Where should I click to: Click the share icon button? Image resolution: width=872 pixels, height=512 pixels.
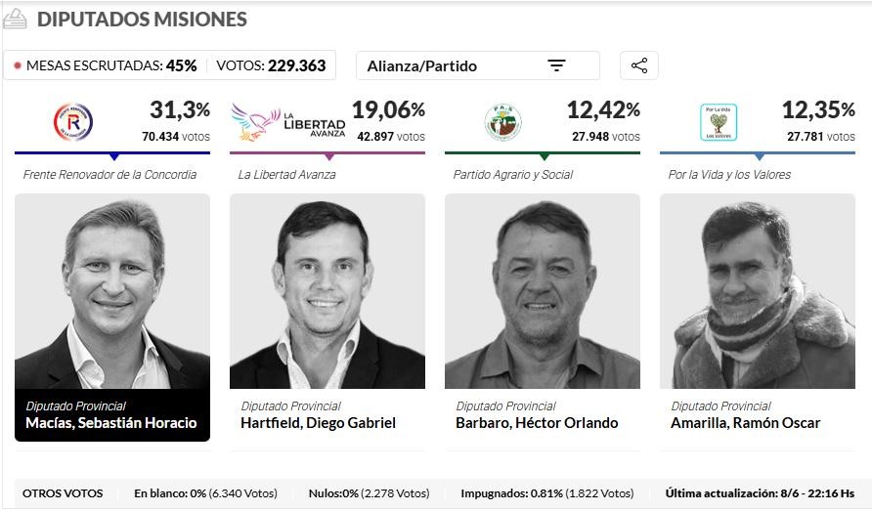[639, 65]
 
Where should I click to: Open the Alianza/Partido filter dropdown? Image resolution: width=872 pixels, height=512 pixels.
[477, 65]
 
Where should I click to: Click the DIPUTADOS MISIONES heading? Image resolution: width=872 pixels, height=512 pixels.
[142, 20]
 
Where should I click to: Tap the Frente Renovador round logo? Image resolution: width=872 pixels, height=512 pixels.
[72, 122]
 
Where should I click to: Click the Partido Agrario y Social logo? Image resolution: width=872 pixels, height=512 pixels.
[502, 122]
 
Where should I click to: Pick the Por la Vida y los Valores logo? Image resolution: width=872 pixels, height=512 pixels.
[719, 122]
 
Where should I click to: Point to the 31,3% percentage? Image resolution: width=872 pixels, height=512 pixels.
[180, 109]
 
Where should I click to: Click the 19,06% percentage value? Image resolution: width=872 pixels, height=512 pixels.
[388, 109]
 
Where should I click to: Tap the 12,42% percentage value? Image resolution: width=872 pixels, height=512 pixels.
[603, 109]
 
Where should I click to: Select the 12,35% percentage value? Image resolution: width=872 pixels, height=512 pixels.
[818, 109]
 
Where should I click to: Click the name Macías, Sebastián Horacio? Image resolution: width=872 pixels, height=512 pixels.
[111, 423]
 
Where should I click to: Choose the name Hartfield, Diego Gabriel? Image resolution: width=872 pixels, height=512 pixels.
[318, 423]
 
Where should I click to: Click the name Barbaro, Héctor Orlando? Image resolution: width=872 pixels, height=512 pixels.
[537, 423]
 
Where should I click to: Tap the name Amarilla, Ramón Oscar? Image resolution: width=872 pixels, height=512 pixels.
[745, 423]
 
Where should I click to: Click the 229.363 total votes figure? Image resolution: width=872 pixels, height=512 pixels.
[297, 65]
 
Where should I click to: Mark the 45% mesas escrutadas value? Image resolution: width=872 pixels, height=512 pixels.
[181, 65]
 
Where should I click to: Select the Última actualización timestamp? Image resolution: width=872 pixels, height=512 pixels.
[760, 493]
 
